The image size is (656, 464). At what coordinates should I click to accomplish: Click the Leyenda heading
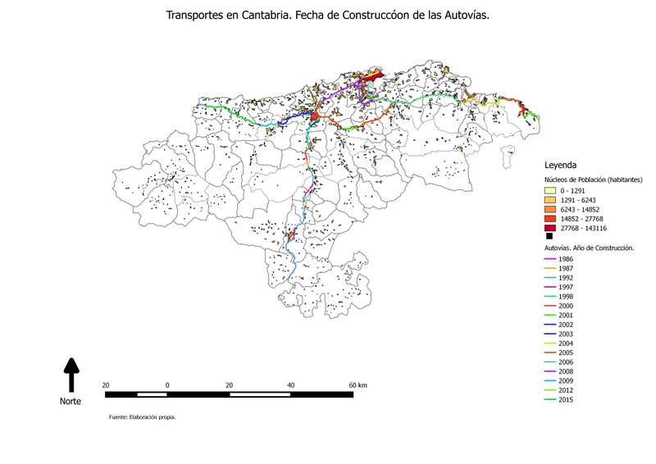pos(561,164)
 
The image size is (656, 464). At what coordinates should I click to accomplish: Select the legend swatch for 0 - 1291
pos(550,189)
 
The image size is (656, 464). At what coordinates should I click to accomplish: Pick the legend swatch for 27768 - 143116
pos(550,228)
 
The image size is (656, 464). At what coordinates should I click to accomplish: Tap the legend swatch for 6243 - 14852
pos(550,209)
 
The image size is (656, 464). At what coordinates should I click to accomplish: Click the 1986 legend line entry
pos(550,259)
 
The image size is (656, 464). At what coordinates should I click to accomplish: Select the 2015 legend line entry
pos(550,399)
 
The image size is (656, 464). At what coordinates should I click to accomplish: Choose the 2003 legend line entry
pos(550,334)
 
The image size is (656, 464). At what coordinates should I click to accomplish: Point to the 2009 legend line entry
pos(550,380)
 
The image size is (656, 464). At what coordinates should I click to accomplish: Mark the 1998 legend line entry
pos(550,296)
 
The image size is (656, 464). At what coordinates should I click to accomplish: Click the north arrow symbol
pos(71,375)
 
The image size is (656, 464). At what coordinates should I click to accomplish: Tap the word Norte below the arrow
pos(71,402)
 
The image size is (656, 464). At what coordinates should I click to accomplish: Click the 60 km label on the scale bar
pos(358,384)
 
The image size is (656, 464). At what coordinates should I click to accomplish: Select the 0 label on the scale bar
pos(167,384)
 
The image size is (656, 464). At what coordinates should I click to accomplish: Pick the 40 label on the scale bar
pos(291,384)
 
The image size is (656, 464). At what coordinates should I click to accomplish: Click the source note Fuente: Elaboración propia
pos(142,417)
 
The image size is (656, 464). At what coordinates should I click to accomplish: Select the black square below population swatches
pos(549,236)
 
